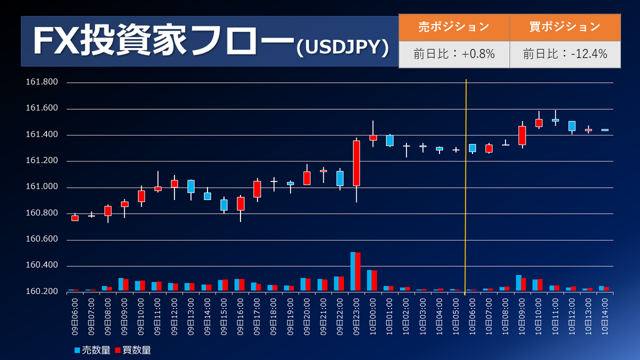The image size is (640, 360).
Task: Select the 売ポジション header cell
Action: click(454, 27)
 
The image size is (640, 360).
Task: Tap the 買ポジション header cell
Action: click(565, 27)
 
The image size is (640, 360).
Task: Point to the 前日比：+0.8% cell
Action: click(454, 54)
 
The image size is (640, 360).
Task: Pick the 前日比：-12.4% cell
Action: click(565, 54)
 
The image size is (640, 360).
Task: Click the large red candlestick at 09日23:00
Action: click(356, 163)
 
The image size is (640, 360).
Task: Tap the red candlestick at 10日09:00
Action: click(522, 135)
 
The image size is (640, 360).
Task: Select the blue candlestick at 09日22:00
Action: click(340, 178)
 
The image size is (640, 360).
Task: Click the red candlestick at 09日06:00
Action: click(75, 218)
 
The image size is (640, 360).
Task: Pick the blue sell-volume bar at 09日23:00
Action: click(353, 271)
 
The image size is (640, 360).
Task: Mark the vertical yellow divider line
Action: click(466, 187)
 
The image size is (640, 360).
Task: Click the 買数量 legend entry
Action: click(133, 350)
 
